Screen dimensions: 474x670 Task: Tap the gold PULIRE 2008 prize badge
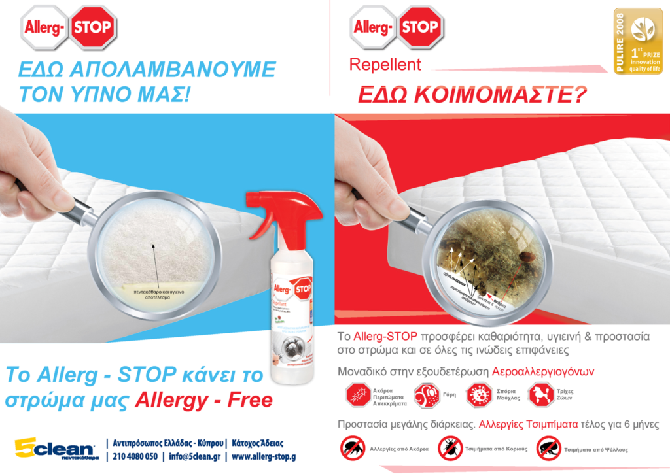[637, 42]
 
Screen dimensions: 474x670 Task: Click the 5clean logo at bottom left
[56, 449]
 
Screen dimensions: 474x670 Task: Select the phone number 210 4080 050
[135, 456]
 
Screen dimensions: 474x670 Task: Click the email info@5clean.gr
[194, 456]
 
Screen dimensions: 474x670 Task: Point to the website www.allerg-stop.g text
[264, 456]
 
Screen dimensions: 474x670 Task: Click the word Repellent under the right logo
[385, 65]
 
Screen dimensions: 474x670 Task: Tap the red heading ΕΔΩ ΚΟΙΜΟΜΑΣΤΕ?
[472, 94]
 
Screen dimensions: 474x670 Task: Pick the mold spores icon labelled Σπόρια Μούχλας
[478, 396]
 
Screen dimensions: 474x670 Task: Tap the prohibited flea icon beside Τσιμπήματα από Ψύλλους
[548, 449]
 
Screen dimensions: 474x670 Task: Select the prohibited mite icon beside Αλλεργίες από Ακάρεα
[353, 449]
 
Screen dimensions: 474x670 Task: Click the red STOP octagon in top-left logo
[94, 27]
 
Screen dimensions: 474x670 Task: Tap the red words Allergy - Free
[203, 399]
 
